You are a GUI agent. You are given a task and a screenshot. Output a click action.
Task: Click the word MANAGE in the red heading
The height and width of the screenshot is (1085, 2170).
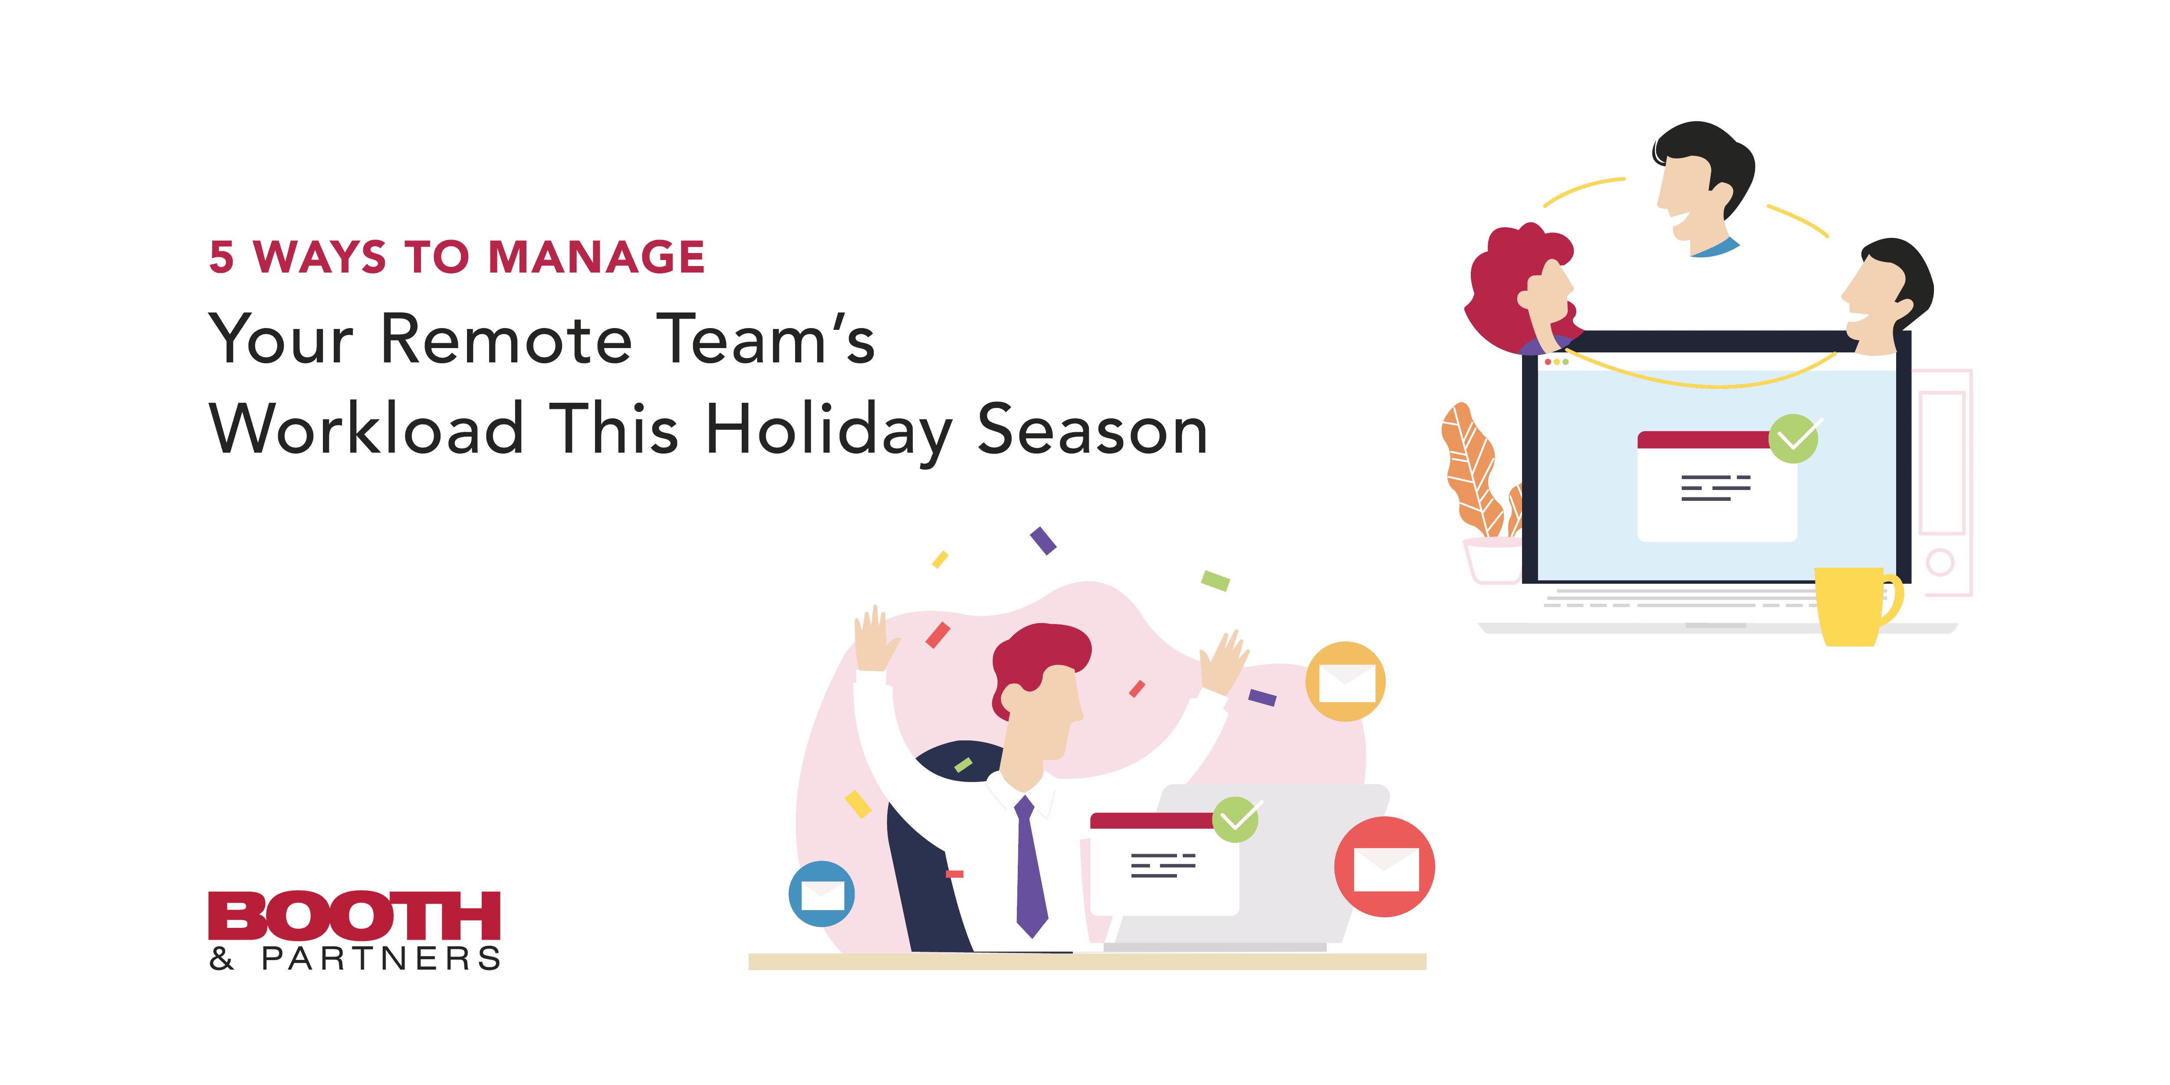coord(596,257)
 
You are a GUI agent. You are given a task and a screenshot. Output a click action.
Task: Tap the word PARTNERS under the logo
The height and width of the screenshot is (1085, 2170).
coord(381,959)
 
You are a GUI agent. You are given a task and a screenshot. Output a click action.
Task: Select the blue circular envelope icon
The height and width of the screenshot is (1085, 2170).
coord(821,894)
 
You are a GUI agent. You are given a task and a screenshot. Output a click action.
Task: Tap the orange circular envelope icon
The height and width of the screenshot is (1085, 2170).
coord(1345,681)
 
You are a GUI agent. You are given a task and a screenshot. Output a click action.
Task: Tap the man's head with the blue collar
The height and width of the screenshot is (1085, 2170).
coord(1702,185)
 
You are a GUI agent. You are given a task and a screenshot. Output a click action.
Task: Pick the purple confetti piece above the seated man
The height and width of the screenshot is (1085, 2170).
coord(1043,541)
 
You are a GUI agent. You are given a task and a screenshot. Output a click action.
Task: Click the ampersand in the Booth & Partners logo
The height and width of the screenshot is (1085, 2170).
coord(221,959)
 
